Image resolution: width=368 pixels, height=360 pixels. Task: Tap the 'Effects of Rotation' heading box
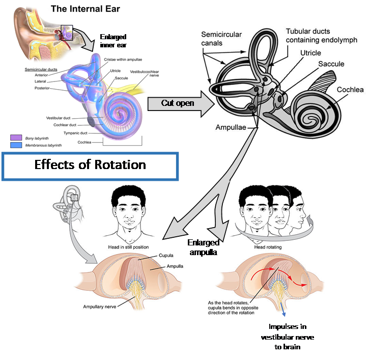point(90,165)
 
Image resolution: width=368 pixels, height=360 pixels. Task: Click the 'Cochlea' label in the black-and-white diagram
point(350,90)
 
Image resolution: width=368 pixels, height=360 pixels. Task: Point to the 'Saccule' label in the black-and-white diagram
point(331,64)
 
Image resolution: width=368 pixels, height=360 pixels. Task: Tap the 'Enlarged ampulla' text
point(203,247)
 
